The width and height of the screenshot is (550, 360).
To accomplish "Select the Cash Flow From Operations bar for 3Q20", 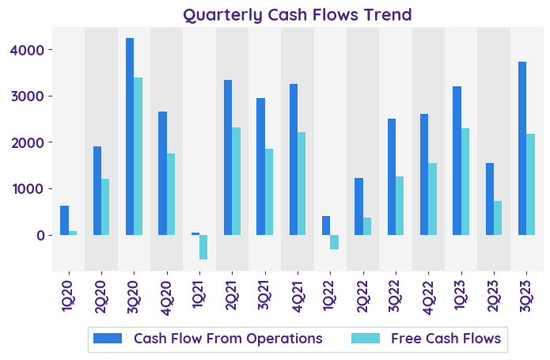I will [x=130, y=136].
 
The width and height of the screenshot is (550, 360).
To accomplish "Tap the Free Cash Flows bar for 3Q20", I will [x=138, y=156].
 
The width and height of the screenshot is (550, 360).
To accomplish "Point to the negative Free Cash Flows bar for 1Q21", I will [x=203, y=247].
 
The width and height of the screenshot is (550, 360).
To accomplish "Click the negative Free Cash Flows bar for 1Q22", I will [x=334, y=242].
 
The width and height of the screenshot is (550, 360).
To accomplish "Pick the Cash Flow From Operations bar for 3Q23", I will [x=522, y=148].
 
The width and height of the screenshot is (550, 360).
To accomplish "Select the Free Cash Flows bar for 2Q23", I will [x=498, y=218].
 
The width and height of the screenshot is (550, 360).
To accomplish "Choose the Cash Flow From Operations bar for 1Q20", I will [x=64, y=220].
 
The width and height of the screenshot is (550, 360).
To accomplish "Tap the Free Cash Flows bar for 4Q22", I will [x=432, y=199].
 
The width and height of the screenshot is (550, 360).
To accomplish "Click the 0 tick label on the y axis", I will [x=48, y=236].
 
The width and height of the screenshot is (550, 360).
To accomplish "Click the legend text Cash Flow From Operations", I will [x=228, y=339].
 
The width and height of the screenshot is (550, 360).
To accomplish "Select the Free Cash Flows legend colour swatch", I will [x=366, y=339].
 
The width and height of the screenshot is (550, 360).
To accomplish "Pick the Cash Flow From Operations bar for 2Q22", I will [x=358, y=207].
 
